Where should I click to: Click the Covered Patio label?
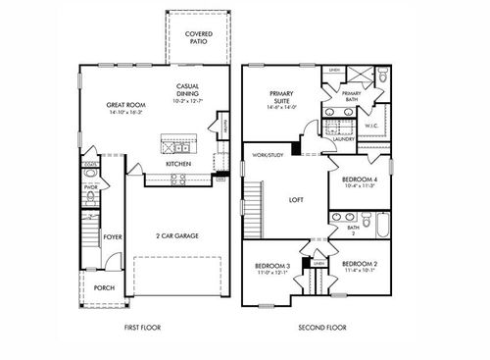199,38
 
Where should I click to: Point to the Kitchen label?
177,163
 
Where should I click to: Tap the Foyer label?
114,235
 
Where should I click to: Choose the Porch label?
103,288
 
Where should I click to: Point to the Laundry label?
343,139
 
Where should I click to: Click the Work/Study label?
268,155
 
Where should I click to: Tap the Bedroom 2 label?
360,267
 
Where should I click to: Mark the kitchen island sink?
177,145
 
